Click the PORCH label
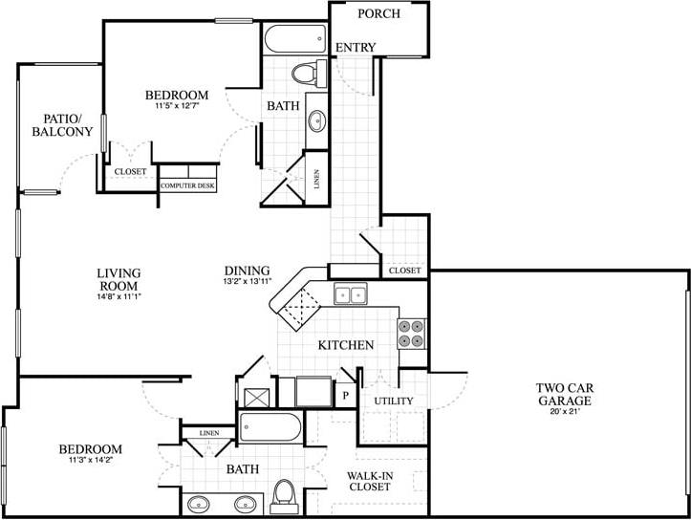[378, 14]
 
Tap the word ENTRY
[356, 48]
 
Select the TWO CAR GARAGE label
[564, 394]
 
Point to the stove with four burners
[412, 332]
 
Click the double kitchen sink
[349, 295]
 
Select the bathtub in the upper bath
[293, 39]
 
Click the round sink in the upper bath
[316, 121]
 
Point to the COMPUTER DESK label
[187, 185]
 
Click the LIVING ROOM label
[119, 279]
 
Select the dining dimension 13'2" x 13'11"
[248, 282]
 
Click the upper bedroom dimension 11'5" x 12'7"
[178, 107]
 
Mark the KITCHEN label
[345, 344]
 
